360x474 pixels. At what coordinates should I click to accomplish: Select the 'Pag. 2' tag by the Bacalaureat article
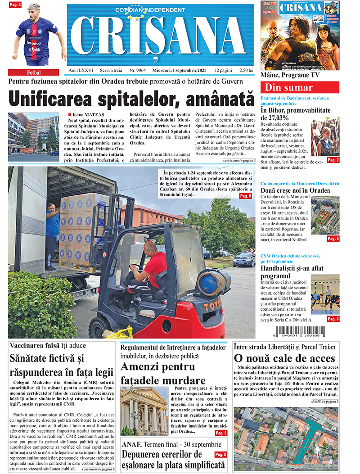click(333, 160)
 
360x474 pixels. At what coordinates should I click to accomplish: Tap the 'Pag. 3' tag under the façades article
click(220, 433)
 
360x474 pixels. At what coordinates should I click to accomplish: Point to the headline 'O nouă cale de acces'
click(284, 358)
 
